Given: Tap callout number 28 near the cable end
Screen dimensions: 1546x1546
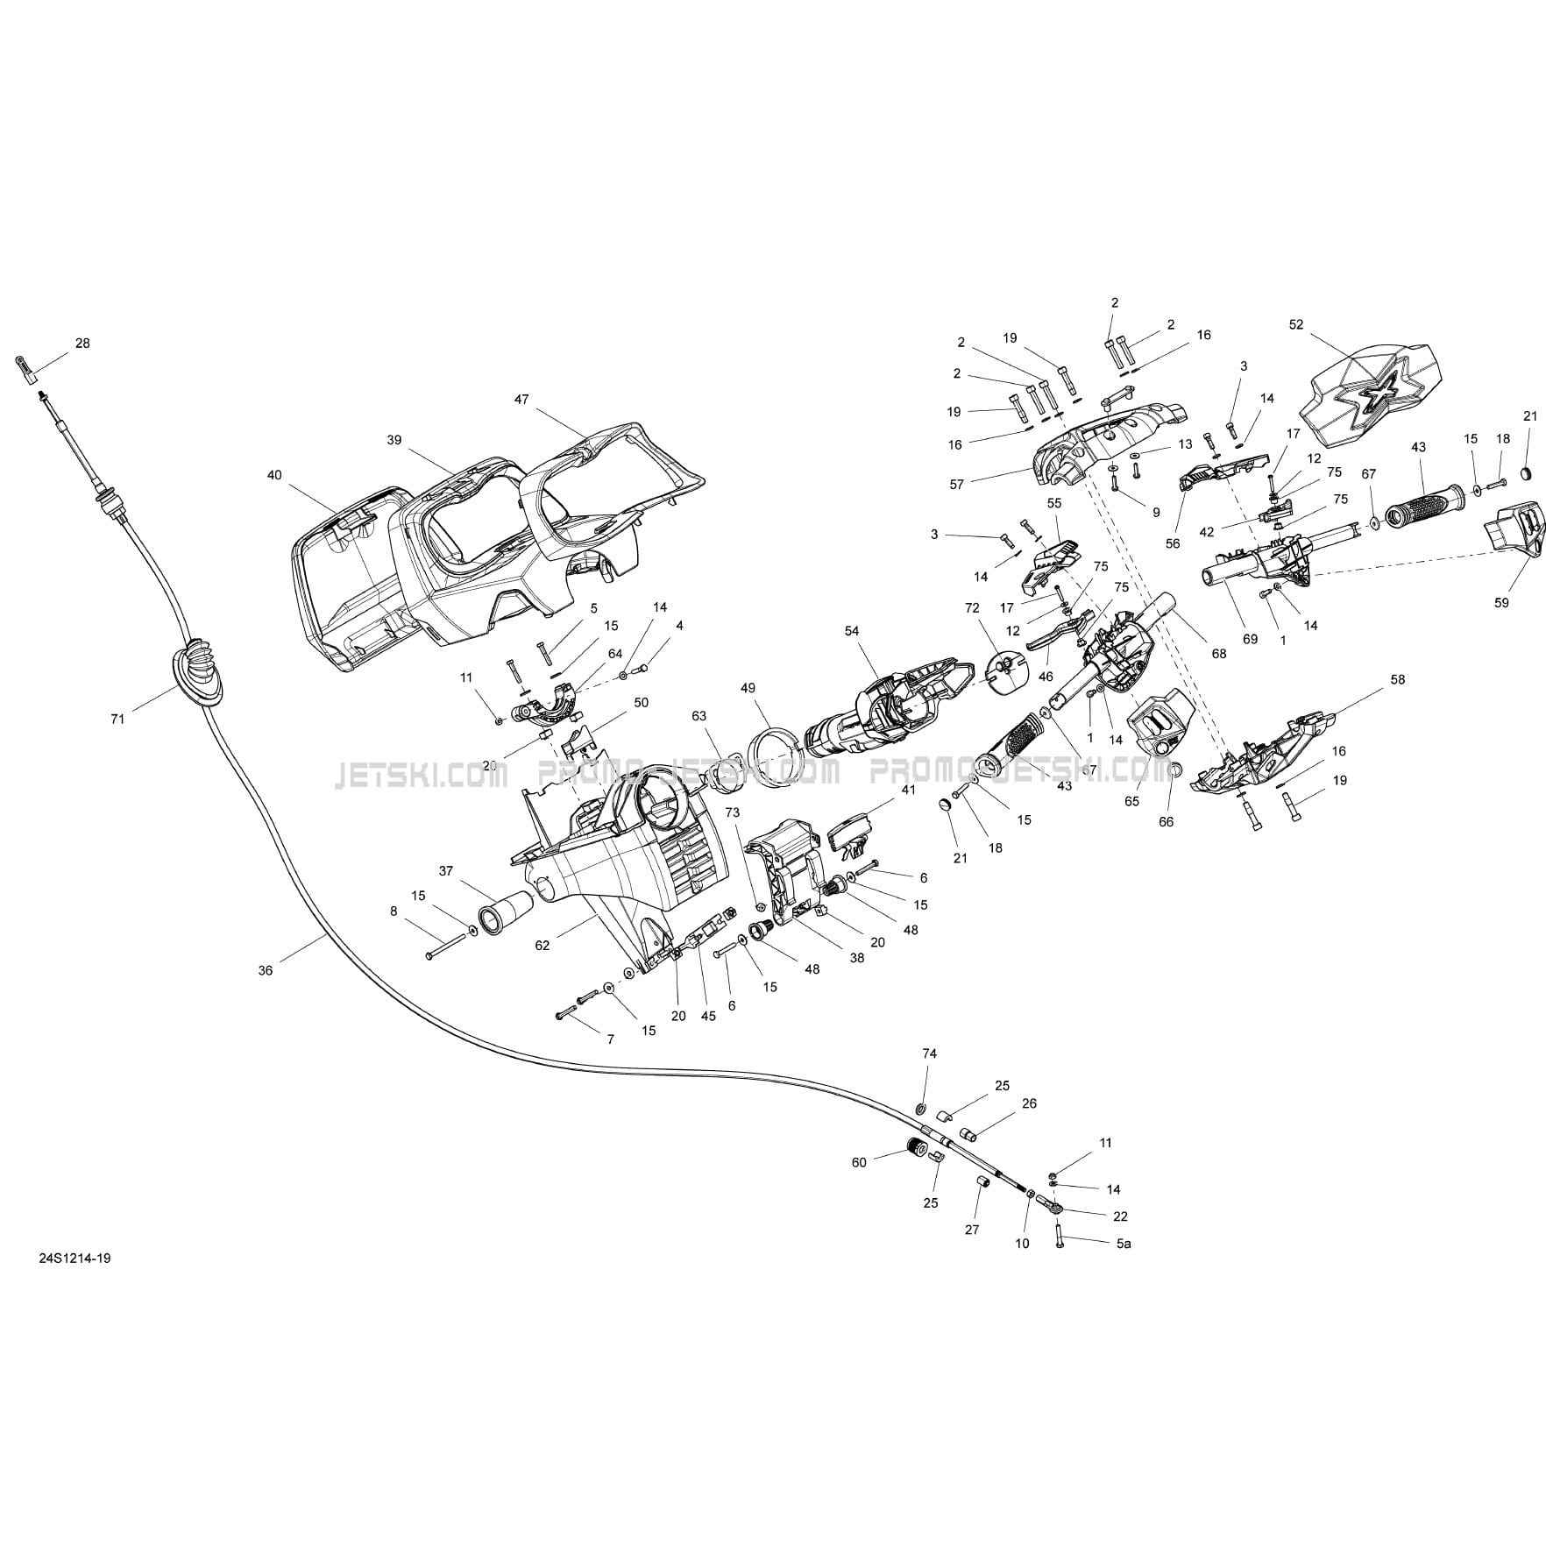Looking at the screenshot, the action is tap(82, 344).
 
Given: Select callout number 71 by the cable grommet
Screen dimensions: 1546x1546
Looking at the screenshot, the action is tap(117, 720).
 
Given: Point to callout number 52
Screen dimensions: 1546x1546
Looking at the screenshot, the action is tap(1297, 324).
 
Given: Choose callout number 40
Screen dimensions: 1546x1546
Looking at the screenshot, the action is tap(274, 475).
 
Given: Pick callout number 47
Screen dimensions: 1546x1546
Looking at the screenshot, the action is tap(521, 399).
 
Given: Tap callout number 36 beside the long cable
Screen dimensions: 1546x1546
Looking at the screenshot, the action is tap(266, 970).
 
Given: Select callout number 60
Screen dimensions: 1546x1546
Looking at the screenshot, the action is tap(859, 1162).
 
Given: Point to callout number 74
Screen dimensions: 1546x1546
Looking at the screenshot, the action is tap(930, 1053).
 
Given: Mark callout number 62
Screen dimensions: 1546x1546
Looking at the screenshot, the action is tap(543, 945).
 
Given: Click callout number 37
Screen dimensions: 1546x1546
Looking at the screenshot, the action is tap(447, 870).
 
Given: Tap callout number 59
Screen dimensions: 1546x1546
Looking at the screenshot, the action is tap(1502, 603).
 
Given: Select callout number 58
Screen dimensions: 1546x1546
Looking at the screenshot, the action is tap(1398, 679).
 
